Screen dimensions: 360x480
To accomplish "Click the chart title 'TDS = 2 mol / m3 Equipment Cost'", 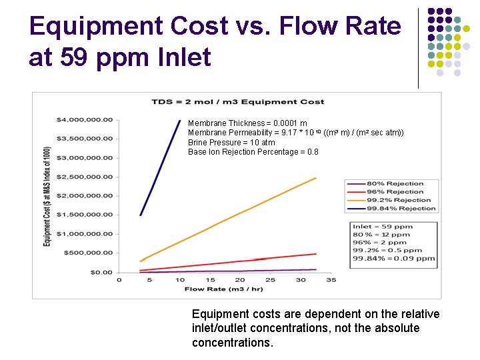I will (238, 101).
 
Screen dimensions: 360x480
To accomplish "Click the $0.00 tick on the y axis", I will (101, 272).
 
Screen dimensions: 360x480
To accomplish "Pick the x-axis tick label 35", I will (331, 280).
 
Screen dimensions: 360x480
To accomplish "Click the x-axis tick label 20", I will (240, 280).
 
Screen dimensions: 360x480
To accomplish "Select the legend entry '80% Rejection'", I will (395, 183).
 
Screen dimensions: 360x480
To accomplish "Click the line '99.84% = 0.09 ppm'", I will (393, 259).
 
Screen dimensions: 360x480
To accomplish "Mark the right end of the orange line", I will (315, 178).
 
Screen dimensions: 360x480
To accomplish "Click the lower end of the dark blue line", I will (140, 215).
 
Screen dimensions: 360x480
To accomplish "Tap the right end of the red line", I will (315, 253).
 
